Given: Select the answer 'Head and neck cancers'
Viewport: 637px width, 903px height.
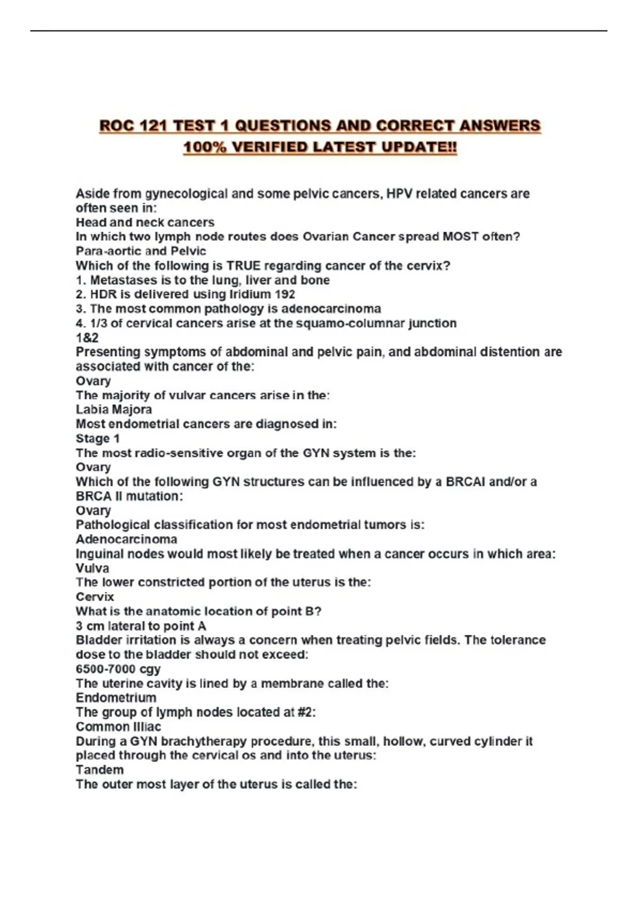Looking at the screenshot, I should click(x=145, y=223).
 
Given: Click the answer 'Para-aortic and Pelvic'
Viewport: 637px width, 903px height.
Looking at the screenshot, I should click(x=141, y=251).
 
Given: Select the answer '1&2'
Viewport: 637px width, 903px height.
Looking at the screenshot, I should click(x=87, y=338).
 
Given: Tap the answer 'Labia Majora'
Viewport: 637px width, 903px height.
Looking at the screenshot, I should click(x=114, y=410).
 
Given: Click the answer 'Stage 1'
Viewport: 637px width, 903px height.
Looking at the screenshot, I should click(x=98, y=439).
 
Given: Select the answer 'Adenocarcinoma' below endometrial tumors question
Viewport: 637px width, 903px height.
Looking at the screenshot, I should click(x=126, y=540).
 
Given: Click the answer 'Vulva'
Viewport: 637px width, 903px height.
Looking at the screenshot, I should click(x=92, y=568).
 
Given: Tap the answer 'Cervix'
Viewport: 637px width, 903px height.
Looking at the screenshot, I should click(x=95, y=597).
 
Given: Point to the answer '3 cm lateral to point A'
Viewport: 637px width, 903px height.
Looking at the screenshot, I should click(x=141, y=626).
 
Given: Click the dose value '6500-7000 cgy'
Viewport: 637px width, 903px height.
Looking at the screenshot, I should click(x=118, y=669).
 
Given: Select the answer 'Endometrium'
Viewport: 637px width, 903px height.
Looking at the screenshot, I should click(x=116, y=698).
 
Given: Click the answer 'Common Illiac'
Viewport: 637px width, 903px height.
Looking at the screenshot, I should click(x=118, y=727).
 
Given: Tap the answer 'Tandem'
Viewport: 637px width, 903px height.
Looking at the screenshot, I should click(x=100, y=770).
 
